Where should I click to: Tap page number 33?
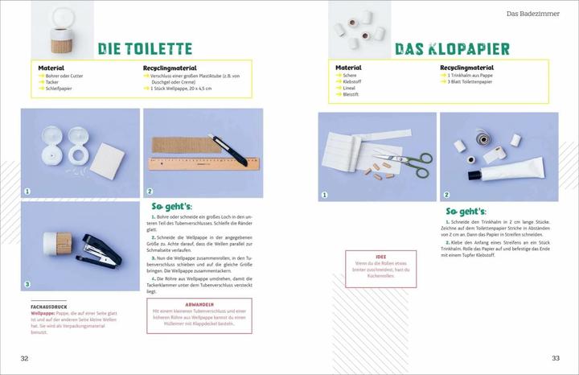[555, 358]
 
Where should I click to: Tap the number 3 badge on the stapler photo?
[27, 283]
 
